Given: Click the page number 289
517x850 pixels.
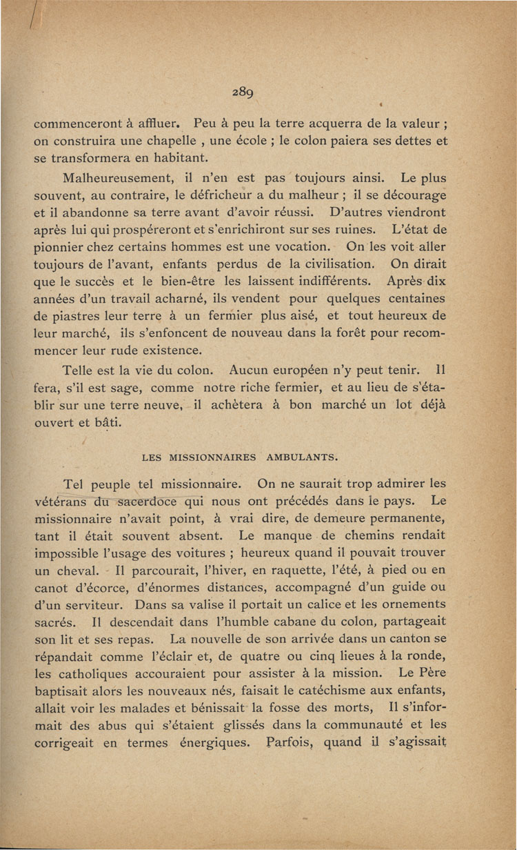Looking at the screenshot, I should (245, 95).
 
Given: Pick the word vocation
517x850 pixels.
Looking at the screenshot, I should (282, 246).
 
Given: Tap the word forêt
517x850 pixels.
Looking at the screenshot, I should (358, 334).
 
